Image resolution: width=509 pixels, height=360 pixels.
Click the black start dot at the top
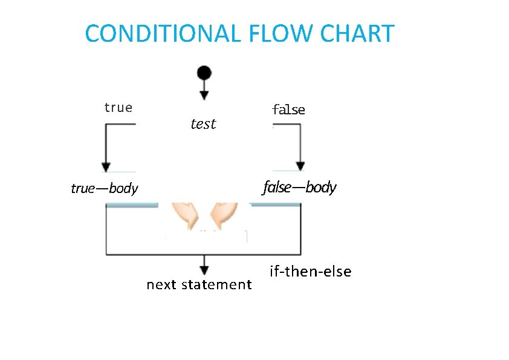coord(204,73)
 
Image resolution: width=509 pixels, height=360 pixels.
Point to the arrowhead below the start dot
coord(204,95)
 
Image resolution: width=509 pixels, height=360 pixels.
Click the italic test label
coord(203,124)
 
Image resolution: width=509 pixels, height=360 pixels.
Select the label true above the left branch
coord(118,108)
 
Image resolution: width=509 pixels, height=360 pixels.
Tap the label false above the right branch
coord(288,110)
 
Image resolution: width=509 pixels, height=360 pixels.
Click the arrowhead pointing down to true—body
coord(106,166)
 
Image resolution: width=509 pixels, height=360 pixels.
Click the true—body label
coord(105,188)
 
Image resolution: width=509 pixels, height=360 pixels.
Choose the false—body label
coord(299,188)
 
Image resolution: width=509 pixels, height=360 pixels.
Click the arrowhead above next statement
coord(204,270)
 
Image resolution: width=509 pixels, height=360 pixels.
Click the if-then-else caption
coord(310,272)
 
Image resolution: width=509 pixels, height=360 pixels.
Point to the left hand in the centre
coord(183,215)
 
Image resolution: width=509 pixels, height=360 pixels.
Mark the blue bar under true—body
coord(132,205)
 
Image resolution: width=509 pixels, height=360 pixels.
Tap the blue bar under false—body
coord(276,205)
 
